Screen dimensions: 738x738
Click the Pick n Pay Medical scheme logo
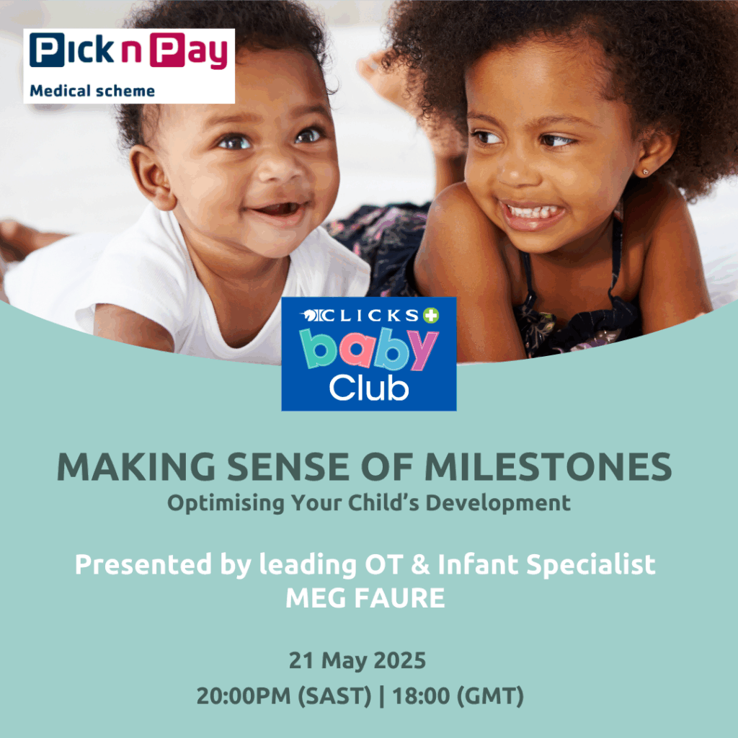tap(129, 66)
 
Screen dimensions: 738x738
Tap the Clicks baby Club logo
tap(368, 354)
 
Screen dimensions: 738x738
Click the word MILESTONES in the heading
tap(548, 467)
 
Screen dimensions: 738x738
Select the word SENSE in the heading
tap(289, 467)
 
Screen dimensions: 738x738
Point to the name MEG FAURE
tap(365, 597)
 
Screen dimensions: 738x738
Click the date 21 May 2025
tap(357, 660)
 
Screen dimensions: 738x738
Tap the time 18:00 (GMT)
tap(458, 696)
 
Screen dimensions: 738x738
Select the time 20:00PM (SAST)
tap(284, 696)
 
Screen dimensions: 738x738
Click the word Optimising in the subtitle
tap(226, 503)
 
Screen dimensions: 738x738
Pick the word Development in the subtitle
tap(498, 503)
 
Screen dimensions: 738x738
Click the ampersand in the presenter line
tap(420, 565)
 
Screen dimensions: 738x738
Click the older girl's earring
tap(645, 172)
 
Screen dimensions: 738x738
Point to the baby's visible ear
tap(151, 177)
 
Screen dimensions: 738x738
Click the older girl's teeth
tap(534, 211)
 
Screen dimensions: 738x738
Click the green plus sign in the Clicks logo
tap(431, 316)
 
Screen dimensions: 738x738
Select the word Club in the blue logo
tap(368, 388)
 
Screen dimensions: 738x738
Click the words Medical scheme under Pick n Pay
tap(92, 91)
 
